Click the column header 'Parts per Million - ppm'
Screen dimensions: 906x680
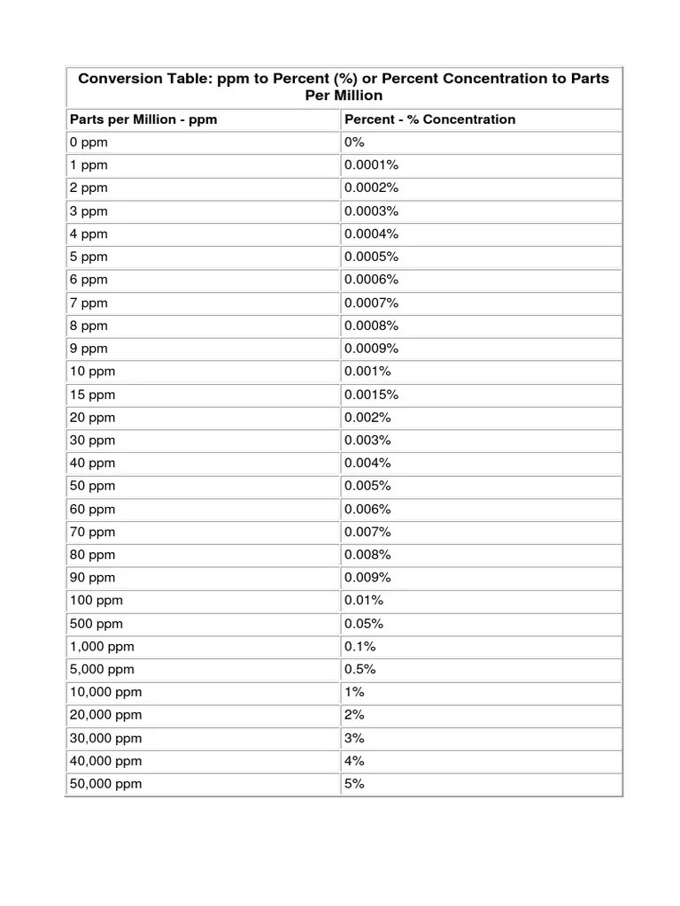tap(143, 119)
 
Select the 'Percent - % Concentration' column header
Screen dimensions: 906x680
tap(429, 119)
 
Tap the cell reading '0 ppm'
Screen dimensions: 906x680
tap(87, 142)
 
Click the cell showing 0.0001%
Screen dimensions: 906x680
tap(372, 165)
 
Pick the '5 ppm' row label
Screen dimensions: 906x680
tap(88, 257)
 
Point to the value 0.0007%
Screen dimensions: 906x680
tap(372, 303)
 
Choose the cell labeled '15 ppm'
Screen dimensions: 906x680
tap(91, 395)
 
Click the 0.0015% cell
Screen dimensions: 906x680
tap(372, 395)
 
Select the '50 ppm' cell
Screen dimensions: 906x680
tap(91, 486)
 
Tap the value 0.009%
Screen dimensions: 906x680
tap(368, 578)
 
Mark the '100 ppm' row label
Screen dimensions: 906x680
tap(96, 601)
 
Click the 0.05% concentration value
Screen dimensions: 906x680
tap(364, 624)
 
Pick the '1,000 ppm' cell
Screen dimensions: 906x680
tap(102, 647)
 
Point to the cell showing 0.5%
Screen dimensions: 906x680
tap(360, 670)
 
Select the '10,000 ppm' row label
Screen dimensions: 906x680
tap(105, 692)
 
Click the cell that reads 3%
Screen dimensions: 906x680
tap(354, 738)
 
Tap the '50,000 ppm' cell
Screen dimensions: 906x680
tap(105, 784)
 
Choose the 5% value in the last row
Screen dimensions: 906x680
tap(354, 784)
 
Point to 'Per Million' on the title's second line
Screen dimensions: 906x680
tap(344, 95)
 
